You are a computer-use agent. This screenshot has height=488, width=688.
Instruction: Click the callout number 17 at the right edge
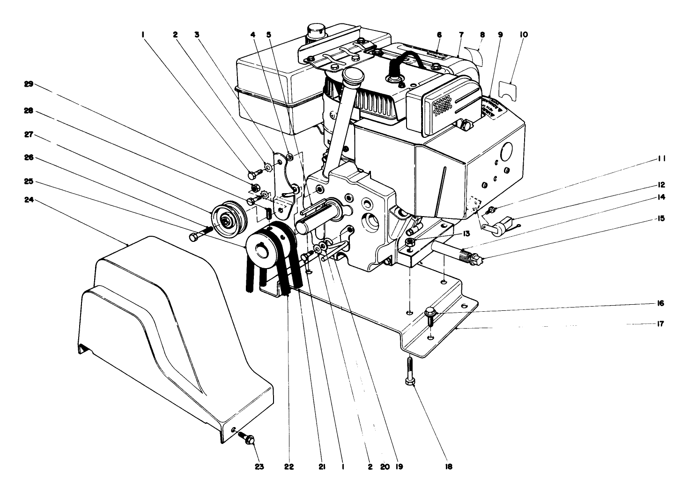click(x=660, y=324)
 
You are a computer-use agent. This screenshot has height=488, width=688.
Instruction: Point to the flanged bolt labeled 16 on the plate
click(x=430, y=314)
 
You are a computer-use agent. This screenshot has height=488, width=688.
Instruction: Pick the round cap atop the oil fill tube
click(x=351, y=75)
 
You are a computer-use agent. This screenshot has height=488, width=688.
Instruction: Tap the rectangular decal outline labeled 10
click(x=510, y=90)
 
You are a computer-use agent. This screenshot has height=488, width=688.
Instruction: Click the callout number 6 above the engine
click(x=439, y=35)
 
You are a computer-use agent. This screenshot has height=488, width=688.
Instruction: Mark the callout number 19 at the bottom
click(x=399, y=467)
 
